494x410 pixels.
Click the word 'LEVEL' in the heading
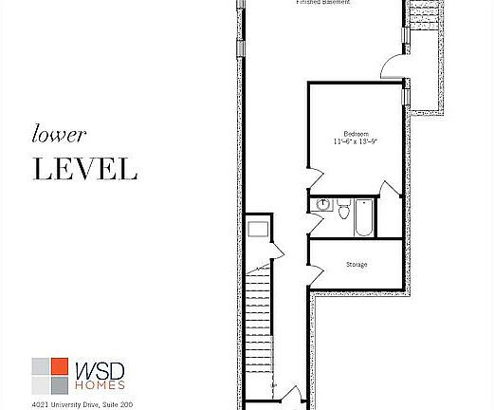pyautogui.click(x=85, y=169)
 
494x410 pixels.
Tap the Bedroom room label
pyautogui.click(x=356, y=133)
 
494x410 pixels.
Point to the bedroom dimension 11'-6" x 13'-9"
pyautogui.click(x=356, y=141)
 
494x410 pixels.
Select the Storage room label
pyautogui.click(x=357, y=264)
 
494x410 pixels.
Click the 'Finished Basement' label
pyautogui.click(x=322, y=3)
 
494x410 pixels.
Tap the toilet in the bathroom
pyautogui.click(x=343, y=208)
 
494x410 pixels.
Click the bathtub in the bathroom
pyautogui.click(x=365, y=217)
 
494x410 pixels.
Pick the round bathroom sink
pyautogui.click(x=321, y=204)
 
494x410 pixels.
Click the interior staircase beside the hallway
pyautogui.click(x=259, y=323)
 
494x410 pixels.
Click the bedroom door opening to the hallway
pyautogui.click(x=315, y=178)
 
